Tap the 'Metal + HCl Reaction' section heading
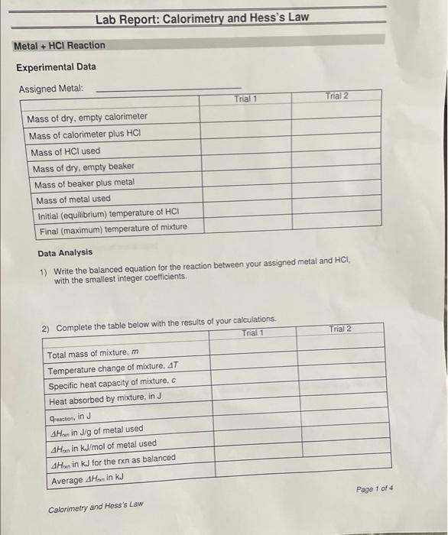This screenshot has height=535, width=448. [60, 46]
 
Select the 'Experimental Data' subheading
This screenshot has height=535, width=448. [57, 67]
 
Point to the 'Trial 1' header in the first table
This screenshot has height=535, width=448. [245, 99]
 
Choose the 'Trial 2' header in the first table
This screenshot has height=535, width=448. [336, 96]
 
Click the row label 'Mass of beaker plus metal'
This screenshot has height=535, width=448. [84, 183]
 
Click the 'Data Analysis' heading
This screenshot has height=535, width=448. [65, 252]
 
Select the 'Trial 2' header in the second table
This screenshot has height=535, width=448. [340, 329]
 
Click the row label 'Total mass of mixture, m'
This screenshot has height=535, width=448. [93, 355]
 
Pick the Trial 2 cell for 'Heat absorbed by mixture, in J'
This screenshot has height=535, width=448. [340, 398]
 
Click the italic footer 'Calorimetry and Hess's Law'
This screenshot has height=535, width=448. [96, 507]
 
